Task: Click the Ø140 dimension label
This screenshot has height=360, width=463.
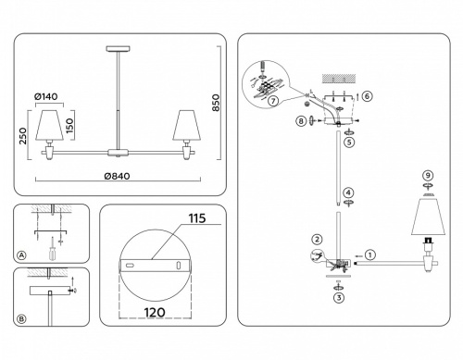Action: (x=47, y=95)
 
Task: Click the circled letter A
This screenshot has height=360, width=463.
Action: (x=20, y=255)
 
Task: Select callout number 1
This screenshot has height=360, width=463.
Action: (x=369, y=254)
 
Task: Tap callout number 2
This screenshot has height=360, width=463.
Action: (x=317, y=241)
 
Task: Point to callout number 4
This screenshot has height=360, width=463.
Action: (x=348, y=192)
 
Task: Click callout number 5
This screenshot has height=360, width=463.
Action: (x=348, y=143)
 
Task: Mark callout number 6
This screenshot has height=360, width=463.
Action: (x=368, y=95)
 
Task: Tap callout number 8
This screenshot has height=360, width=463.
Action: (x=300, y=121)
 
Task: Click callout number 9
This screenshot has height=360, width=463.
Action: (x=427, y=176)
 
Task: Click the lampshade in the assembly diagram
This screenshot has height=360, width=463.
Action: (x=426, y=218)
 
